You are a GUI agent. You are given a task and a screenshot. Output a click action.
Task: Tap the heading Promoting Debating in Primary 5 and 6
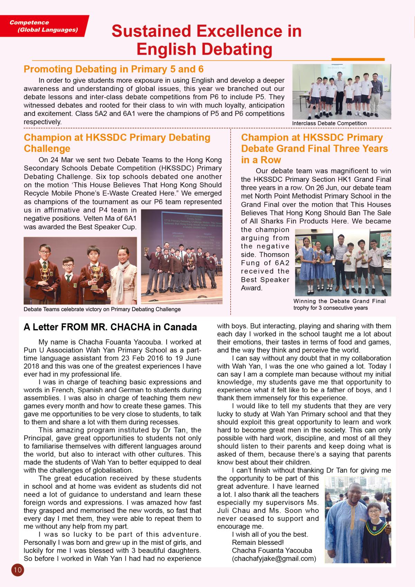coord(113,69)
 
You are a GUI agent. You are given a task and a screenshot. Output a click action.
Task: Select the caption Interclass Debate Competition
coord(329,123)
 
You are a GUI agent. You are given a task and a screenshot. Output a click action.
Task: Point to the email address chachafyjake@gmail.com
coord(274,559)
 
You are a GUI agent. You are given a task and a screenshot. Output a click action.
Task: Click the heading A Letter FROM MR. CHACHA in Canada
coord(110,327)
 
